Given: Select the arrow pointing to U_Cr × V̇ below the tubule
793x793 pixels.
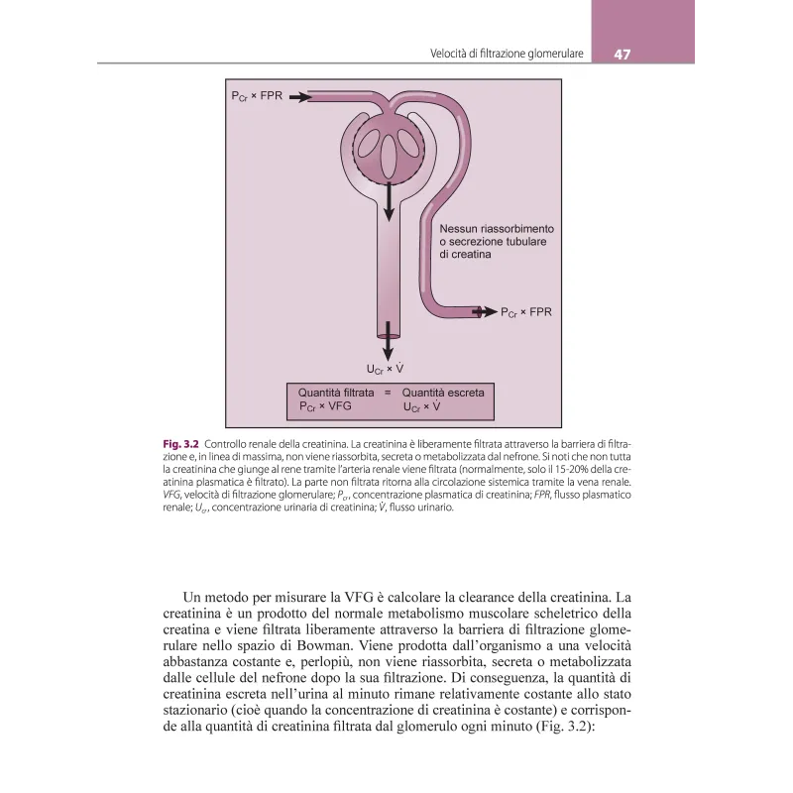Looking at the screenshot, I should coord(387,348).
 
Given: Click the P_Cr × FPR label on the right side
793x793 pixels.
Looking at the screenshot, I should coord(525,311).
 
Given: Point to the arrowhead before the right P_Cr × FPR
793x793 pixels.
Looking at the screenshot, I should coord(485,311).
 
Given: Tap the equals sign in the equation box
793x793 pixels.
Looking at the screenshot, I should coord(389,393).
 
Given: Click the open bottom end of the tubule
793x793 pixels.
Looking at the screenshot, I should coord(387,335).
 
